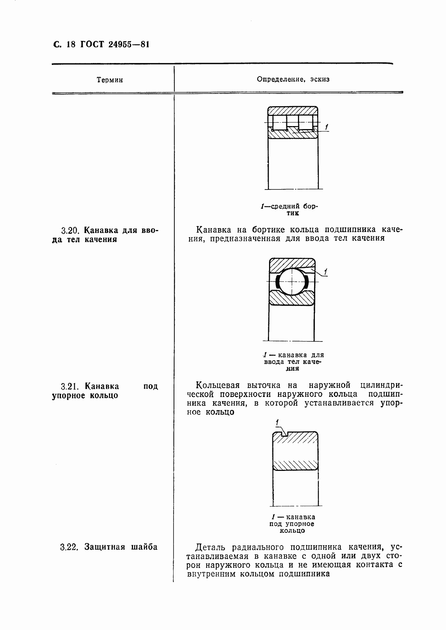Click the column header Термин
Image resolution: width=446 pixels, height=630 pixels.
coord(110,80)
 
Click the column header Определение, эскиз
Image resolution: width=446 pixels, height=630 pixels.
coord(293,79)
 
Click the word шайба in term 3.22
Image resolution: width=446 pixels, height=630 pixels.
coord(144,547)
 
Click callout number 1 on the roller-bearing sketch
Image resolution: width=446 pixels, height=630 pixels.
coord(327,127)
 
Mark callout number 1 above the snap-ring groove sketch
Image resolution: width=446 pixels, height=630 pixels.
coord(277,423)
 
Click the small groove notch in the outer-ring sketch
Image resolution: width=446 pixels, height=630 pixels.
coord(284,435)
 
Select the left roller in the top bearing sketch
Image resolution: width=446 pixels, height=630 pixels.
coord(279,123)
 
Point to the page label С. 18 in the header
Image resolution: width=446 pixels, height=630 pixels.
coord(64,45)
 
